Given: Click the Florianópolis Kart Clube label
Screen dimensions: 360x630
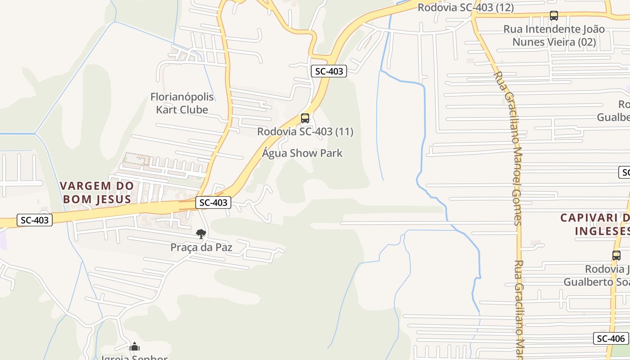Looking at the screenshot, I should click(x=182, y=103).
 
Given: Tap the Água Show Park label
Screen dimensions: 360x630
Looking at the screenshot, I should click(x=302, y=153).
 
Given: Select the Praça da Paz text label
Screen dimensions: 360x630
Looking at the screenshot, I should click(x=201, y=247).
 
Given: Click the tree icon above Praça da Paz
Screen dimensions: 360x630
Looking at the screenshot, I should click(x=201, y=234).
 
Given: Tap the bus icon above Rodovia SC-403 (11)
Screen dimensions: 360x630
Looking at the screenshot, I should click(x=305, y=118).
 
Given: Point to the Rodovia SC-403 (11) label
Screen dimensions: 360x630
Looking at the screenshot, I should click(x=305, y=131).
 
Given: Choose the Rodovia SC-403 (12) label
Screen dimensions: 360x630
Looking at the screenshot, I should click(x=465, y=7).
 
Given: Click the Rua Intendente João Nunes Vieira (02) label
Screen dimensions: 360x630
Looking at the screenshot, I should click(x=554, y=36).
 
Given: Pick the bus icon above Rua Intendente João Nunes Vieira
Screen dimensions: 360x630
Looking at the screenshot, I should click(x=554, y=16).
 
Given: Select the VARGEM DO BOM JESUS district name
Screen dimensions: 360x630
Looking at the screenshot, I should click(x=97, y=192).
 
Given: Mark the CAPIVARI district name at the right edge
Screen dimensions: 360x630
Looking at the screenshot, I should click(x=594, y=224).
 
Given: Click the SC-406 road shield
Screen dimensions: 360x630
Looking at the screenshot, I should click(x=611, y=338).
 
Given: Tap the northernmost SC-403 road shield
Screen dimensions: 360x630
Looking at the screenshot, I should click(x=329, y=71).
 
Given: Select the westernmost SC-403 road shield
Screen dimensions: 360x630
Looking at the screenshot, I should click(x=35, y=220).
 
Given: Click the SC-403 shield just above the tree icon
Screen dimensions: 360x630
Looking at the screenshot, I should click(x=213, y=202).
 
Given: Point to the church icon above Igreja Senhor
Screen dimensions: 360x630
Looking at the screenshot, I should click(x=134, y=347).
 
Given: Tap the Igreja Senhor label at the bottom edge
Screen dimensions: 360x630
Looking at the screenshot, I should click(x=134, y=358).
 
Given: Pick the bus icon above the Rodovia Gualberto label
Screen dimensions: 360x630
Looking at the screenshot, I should click(x=616, y=255).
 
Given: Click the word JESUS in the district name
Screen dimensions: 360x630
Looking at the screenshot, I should click(x=113, y=199).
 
